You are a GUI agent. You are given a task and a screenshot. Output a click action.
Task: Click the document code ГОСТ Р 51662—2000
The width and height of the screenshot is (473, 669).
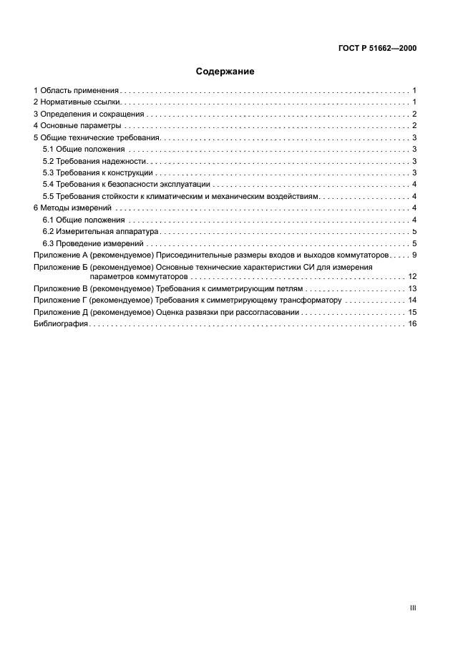[377, 49]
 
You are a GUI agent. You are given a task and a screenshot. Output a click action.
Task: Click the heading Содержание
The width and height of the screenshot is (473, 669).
[225, 72]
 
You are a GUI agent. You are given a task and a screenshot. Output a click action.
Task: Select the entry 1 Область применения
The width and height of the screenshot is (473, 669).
[77, 91]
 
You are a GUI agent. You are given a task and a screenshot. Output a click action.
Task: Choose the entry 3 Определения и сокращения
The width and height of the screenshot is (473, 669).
[89, 114]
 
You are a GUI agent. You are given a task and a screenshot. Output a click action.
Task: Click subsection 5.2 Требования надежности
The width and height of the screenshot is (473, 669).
[94, 161]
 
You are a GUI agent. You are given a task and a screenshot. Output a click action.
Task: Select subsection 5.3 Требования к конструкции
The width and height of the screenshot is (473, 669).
[98, 172]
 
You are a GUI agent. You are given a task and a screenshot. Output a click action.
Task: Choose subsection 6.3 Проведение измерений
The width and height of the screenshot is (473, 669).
[93, 243]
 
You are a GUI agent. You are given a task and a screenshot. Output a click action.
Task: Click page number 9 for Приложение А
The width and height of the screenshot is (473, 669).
[414, 255]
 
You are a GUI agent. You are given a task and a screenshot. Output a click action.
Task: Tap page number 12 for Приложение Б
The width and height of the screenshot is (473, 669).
[412, 276]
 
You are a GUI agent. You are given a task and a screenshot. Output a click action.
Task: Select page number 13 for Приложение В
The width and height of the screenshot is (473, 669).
[412, 288]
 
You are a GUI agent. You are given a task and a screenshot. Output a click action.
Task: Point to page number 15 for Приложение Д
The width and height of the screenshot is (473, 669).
[412, 313]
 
